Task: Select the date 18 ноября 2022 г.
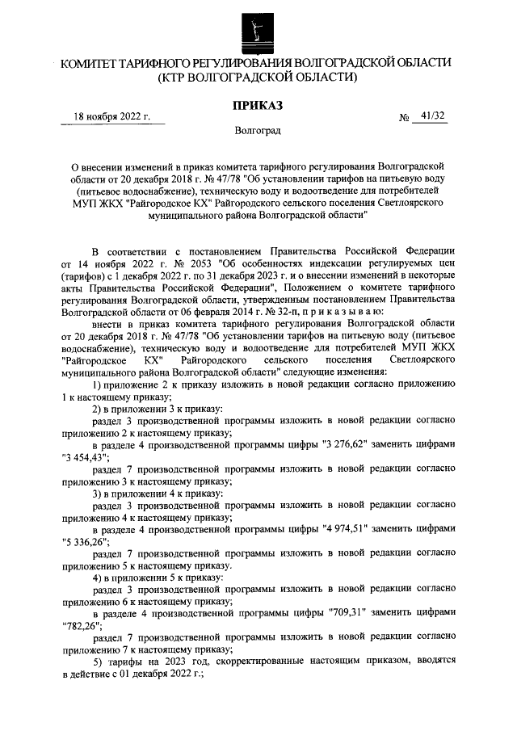112,116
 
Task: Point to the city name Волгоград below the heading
258,130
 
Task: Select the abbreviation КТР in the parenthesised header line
181,78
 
